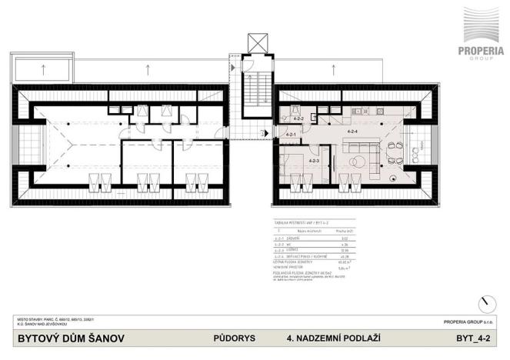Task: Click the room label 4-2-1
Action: pyautogui.click(x=291, y=135)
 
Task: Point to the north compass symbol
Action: pyautogui.click(x=482, y=303)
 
